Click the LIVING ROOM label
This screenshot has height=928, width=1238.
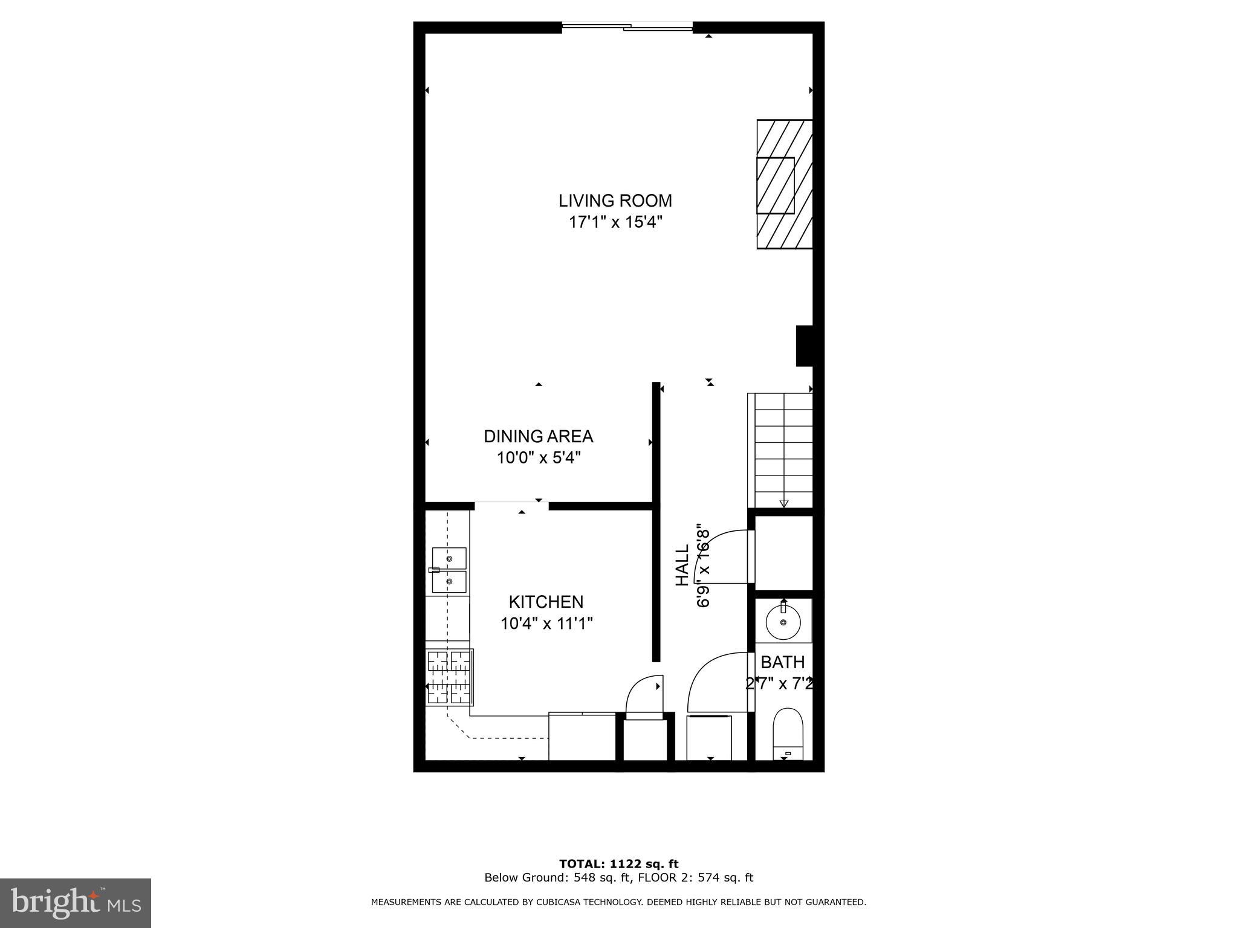tap(615, 201)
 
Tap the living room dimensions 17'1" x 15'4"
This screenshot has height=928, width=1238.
tap(615, 222)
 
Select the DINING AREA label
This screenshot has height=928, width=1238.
tap(538, 436)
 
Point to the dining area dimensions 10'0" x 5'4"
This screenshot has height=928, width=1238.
tap(539, 458)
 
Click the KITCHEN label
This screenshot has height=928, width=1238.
tap(546, 602)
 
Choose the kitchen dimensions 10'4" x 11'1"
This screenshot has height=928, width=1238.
tap(546, 623)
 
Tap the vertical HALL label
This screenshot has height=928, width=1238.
tap(682, 565)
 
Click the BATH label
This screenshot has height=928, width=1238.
tap(782, 662)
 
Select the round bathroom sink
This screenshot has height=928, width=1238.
tap(783, 622)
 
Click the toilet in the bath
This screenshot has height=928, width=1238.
tap(788, 735)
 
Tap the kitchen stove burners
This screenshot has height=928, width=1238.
tap(449, 677)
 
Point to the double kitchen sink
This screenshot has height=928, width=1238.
tap(449, 570)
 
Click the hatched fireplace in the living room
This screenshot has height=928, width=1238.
tap(784, 184)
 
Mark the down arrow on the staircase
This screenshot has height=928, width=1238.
tap(784, 503)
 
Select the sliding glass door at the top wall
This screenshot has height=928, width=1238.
tap(627, 27)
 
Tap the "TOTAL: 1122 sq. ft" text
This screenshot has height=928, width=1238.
tap(618, 864)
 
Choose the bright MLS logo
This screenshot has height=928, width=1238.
tap(76, 903)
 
